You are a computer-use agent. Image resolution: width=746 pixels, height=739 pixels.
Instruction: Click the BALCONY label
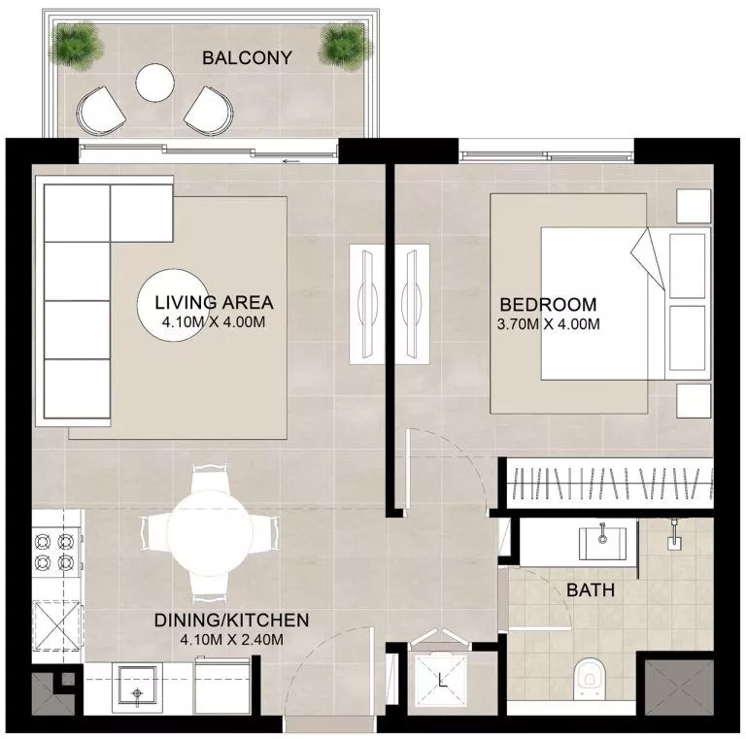[247, 58]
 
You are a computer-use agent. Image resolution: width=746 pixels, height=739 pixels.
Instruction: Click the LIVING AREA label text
[215, 301]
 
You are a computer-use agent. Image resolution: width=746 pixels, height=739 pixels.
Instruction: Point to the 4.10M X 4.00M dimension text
[215, 321]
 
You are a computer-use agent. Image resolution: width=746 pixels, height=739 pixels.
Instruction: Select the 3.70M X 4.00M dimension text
[548, 323]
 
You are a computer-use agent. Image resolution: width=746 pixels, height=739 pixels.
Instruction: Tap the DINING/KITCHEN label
[231, 620]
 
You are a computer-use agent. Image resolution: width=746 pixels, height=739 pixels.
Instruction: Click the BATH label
[590, 589]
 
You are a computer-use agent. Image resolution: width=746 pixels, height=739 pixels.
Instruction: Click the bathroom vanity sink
[605, 540]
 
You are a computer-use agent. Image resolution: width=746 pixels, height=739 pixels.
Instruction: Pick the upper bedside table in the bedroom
[694, 205]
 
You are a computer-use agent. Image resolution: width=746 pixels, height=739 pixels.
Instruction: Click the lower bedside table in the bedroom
[694, 399]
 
